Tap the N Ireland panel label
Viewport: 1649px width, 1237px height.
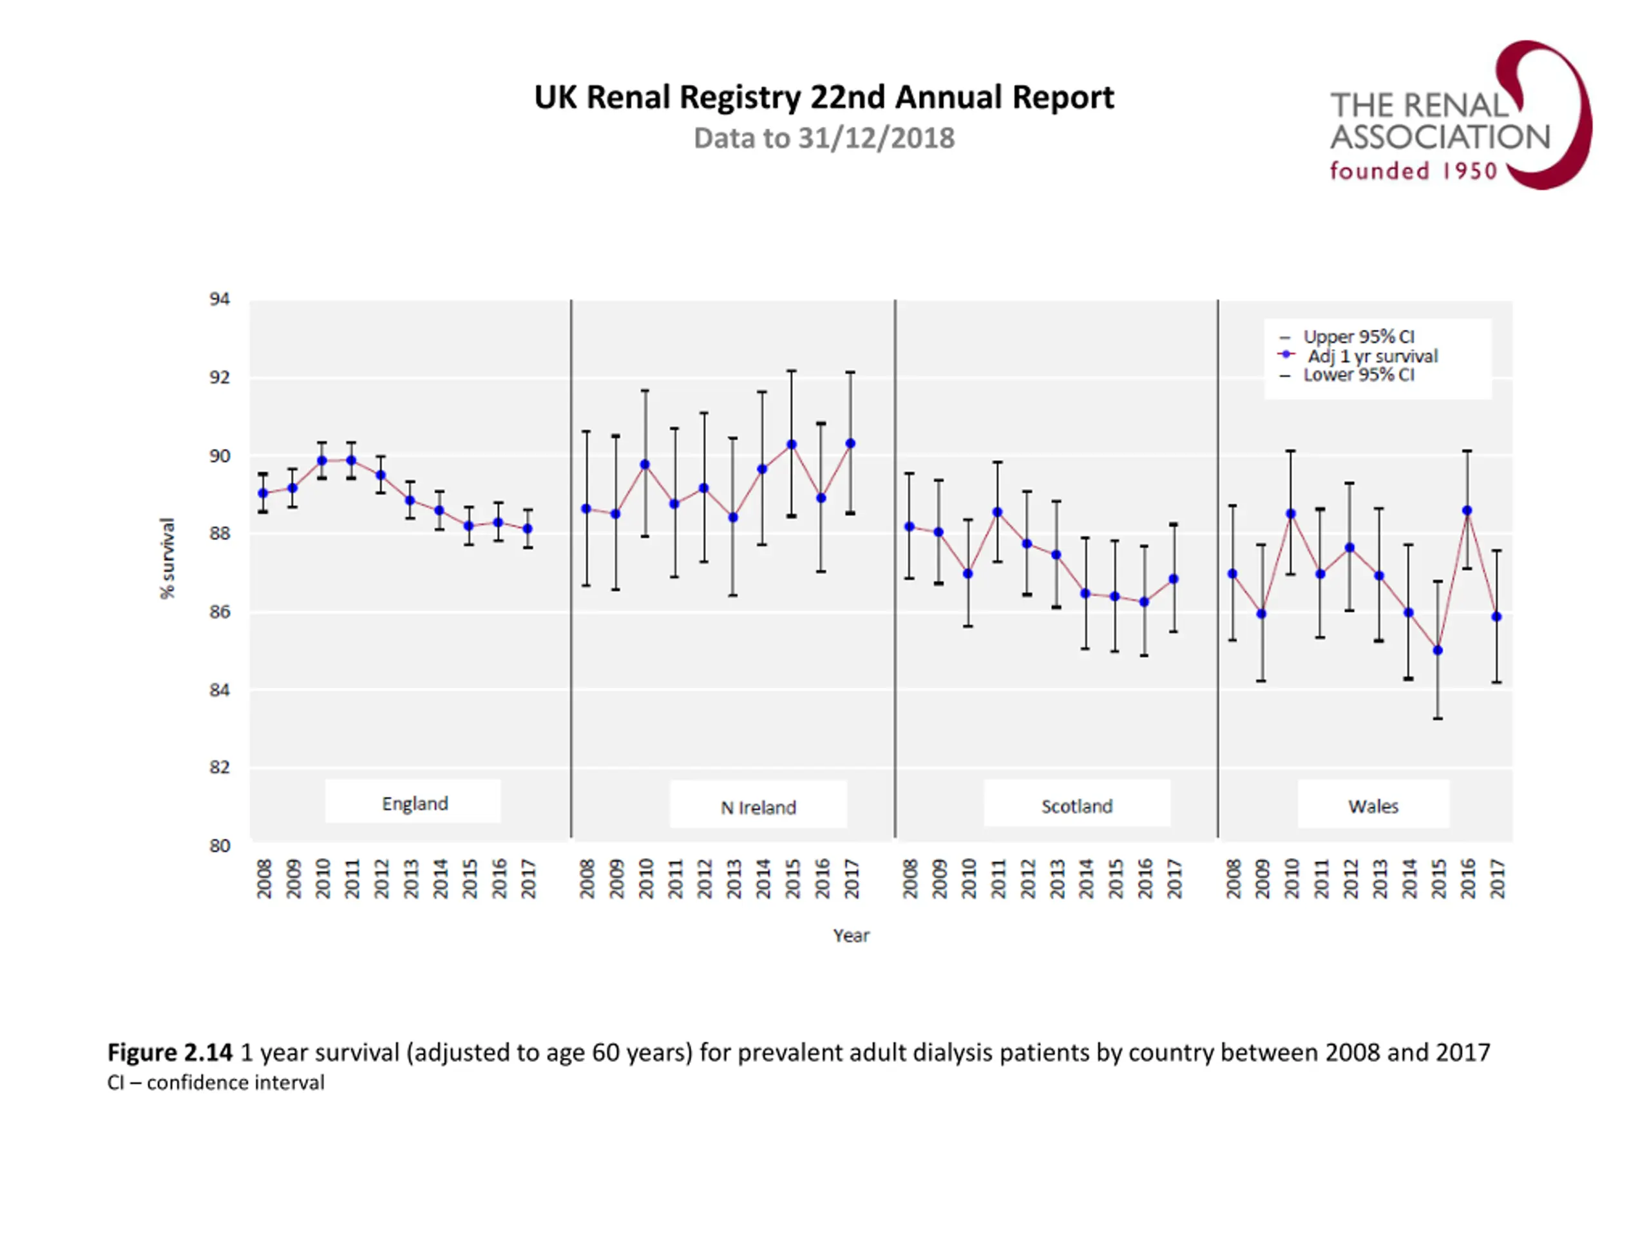pyautogui.click(x=758, y=807)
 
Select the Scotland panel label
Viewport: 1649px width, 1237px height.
pyautogui.click(x=1076, y=805)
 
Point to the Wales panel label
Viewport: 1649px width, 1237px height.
pyautogui.click(x=1373, y=805)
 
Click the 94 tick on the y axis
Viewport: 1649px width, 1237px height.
pyautogui.click(x=220, y=299)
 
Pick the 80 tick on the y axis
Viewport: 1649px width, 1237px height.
pyautogui.click(x=220, y=845)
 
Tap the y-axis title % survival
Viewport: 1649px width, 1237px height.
pyautogui.click(x=167, y=558)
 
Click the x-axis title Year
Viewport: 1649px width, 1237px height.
pyautogui.click(x=851, y=935)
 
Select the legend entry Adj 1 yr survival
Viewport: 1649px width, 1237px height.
pyautogui.click(x=1371, y=356)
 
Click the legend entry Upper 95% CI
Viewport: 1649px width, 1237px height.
pyautogui.click(x=1358, y=336)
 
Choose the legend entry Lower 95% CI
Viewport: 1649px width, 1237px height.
pyautogui.click(x=1358, y=374)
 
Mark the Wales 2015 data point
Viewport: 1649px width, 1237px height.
pyautogui.click(x=1438, y=650)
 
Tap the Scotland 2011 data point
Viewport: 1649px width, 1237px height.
pyautogui.click(x=997, y=512)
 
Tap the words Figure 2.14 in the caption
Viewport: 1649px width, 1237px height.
pyautogui.click(x=170, y=1052)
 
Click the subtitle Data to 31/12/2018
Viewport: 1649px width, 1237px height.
pyautogui.click(x=824, y=139)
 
